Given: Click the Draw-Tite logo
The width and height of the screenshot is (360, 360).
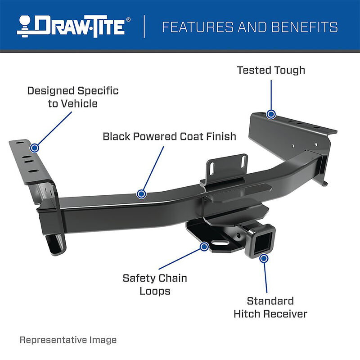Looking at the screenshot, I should point(74,27).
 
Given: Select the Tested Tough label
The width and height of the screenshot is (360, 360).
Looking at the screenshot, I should point(271,70).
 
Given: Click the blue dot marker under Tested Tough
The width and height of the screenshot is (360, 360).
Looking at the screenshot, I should point(271,114).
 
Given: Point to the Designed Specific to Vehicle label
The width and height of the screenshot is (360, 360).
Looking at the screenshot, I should point(73,97).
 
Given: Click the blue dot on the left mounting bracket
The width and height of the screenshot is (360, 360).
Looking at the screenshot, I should point(35,147).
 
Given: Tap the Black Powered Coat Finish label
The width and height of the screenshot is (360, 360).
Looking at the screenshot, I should point(169,136).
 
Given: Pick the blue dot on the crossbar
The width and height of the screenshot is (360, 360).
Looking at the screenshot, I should point(141,194).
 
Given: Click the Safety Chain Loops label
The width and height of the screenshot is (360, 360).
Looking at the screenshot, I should point(155,284).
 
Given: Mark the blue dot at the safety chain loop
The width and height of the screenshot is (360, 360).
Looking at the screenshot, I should point(204,246).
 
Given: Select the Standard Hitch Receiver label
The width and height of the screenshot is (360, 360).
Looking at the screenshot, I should point(270,307).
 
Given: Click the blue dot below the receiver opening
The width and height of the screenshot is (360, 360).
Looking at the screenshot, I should point(264,258).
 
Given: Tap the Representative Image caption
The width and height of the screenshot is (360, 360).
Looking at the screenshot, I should point(68,340).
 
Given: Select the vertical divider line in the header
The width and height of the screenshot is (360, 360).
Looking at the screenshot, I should point(145,27).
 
